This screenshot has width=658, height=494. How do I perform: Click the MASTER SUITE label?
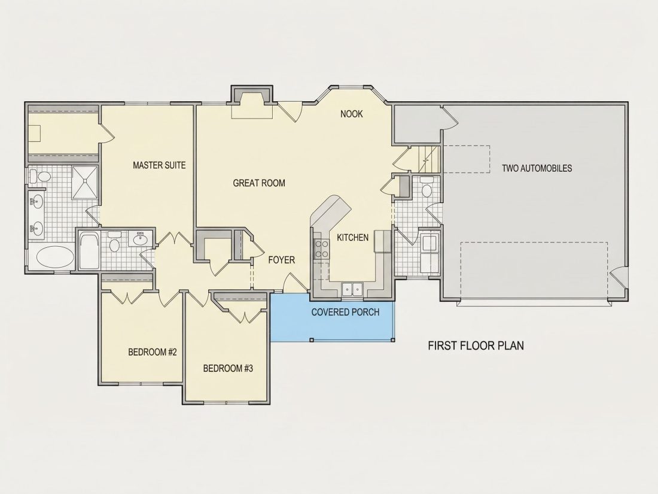tap(159, 165)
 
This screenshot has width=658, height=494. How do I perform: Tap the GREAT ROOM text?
tap(259, 183)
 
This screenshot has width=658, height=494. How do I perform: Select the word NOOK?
tap(351, 114)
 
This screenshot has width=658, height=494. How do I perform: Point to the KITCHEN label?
tap(352, 237)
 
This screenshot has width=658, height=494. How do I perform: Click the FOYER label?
tap(282, 260)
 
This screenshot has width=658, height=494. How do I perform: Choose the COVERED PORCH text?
tap(345, 312)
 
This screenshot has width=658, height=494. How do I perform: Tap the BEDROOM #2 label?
tap(153, 352)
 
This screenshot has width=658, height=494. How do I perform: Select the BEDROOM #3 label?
tap(228, 368)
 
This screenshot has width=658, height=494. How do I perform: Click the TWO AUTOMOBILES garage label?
tap(537, 168)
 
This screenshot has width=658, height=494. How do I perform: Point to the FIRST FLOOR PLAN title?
tap(476, 346)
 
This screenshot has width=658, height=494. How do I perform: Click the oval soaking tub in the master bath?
tap(55, 256)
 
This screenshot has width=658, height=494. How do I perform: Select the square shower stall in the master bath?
tap(85, 182)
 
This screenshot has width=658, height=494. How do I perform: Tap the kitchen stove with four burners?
tap(322, 248)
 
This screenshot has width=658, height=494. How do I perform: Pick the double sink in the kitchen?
tap(352, 289)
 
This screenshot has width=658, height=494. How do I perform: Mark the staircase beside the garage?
tap(429, 159)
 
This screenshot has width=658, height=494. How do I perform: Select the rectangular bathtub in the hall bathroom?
tap(89, 251)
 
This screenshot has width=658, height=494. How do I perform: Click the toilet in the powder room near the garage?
tap(427, 186)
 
